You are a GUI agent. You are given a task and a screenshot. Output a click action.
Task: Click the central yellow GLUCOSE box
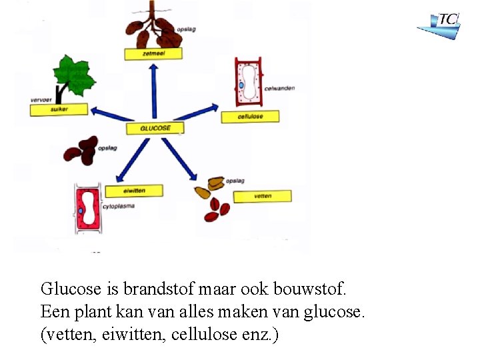click(155, 128)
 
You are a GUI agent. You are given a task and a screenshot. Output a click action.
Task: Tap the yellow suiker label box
click(59, 110)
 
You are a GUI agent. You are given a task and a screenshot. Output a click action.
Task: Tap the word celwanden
click(279, 88)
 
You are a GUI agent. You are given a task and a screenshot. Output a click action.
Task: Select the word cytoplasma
click(119, 207)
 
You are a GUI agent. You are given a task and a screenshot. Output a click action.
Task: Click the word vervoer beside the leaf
click(41, 100)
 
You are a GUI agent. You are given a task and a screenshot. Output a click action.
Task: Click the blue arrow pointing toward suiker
click(111, 115)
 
